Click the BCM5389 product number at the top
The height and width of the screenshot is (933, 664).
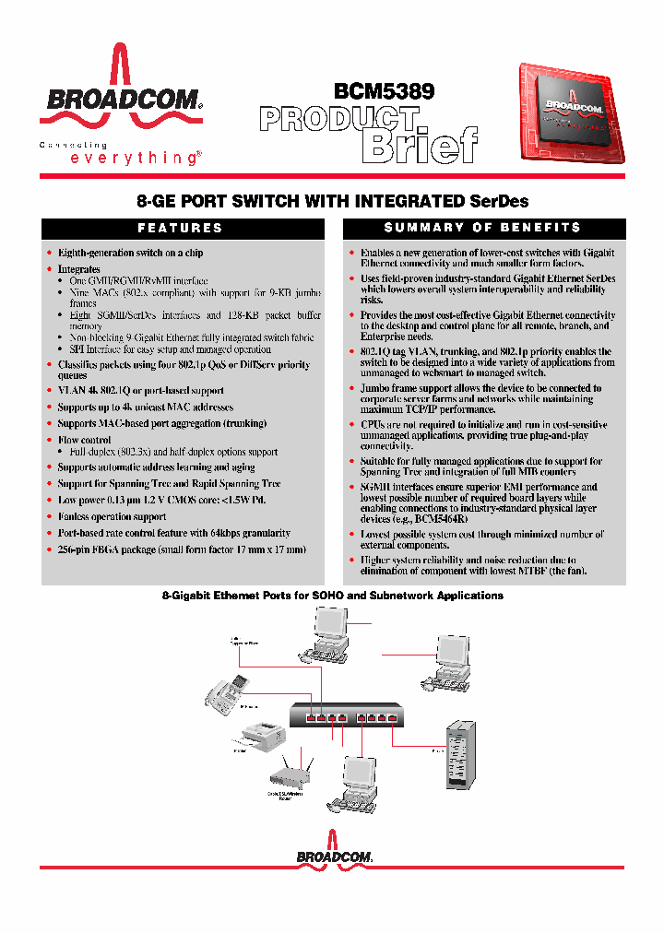click(x=384, y=91)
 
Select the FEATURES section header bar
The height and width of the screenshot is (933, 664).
click(x=181, y=228)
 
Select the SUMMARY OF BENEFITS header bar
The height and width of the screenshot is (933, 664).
click(x=482, y=228)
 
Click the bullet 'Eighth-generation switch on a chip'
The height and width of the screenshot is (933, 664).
click(x=130, y=253)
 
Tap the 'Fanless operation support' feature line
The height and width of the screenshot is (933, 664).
click(x=112, y=517)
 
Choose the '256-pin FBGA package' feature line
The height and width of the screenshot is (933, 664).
click(x=181, y=549)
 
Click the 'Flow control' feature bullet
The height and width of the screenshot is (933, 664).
click(x=85, y=441)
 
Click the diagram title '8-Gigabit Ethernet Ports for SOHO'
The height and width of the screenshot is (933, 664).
click(x=332, y=596)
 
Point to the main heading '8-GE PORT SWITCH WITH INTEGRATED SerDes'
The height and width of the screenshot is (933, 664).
click(x=332, y=201)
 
